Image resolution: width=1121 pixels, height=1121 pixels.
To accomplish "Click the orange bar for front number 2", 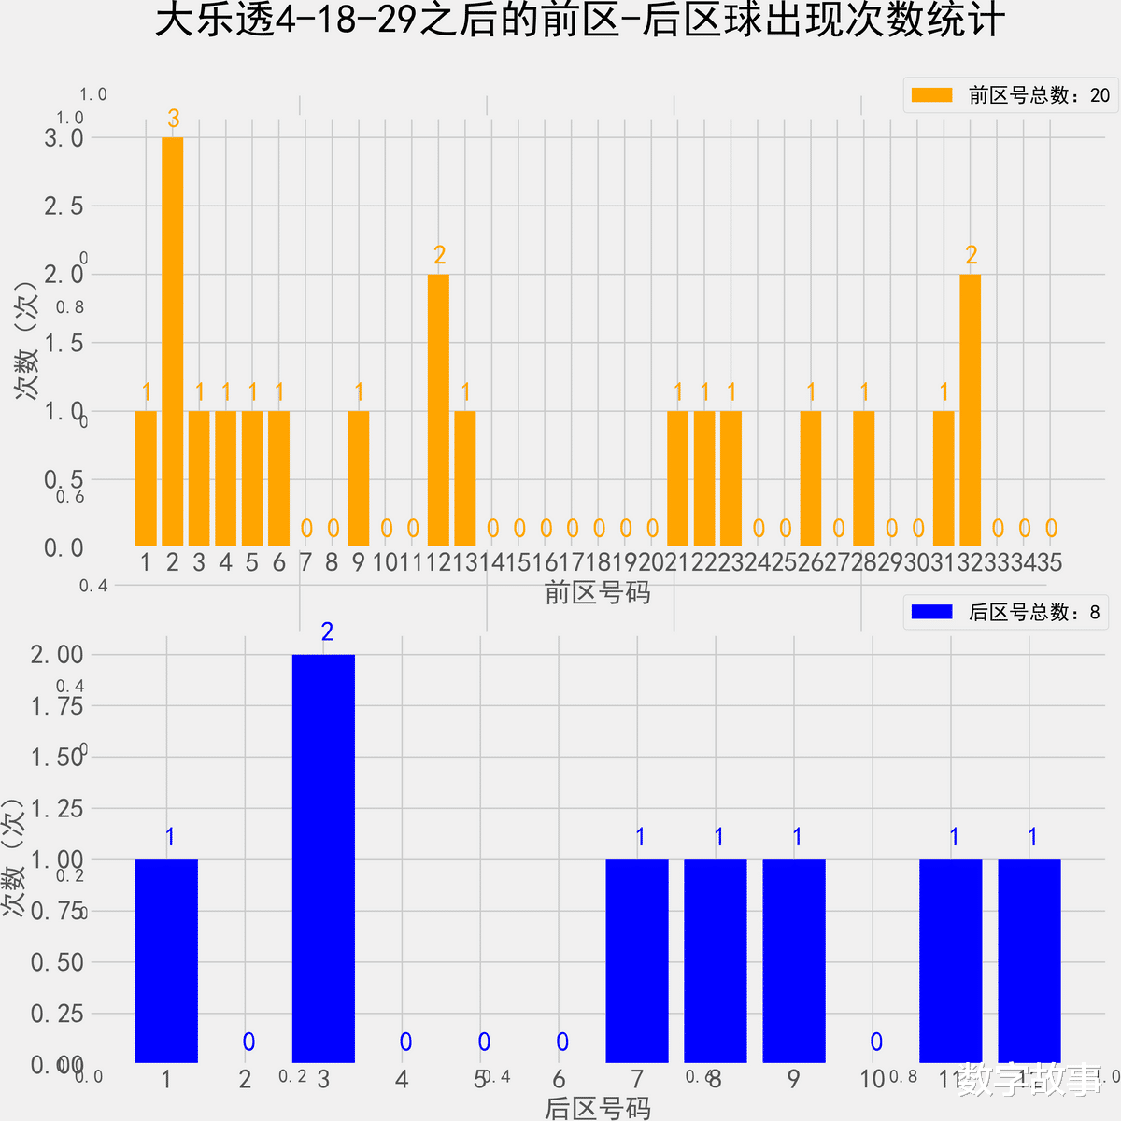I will [172, 341].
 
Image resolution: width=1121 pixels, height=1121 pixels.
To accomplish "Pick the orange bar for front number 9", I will [359, 478].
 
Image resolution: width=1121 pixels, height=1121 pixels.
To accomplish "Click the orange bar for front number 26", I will [811, 478].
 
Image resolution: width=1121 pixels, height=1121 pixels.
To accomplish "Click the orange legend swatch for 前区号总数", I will [931, 94].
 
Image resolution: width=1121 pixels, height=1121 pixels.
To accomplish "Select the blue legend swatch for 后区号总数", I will [931, 612].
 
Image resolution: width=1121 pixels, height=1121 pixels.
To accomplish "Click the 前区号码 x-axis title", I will [597, 592].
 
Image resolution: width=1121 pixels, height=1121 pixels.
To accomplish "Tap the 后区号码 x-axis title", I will [597, 1108].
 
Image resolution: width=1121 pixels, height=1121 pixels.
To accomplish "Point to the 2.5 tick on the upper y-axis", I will [64, 206].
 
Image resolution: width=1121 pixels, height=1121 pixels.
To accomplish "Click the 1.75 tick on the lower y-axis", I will [57, 706].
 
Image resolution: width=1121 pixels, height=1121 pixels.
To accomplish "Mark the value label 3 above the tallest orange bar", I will [173, 119].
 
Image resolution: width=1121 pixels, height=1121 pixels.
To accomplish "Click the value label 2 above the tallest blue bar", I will [327, 632].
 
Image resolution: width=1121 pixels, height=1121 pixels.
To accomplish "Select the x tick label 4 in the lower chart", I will [402, 1080].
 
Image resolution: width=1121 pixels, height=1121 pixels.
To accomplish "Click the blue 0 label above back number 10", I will [876, 1042].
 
